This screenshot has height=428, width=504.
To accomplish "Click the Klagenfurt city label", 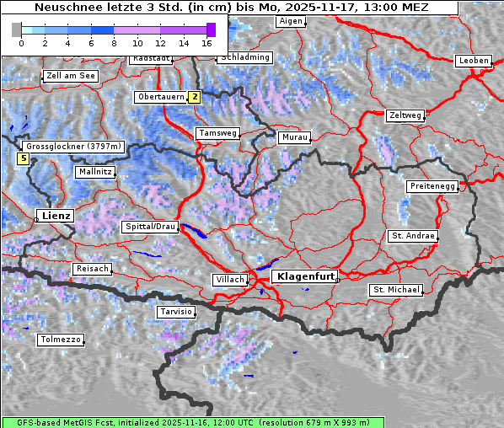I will click(x=306, y=276).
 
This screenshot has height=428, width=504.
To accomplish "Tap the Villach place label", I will click(x=229, y=279).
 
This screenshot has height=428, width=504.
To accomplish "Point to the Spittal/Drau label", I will click(x=151, y=227).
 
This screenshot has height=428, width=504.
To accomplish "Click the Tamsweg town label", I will click(x=218, y=133).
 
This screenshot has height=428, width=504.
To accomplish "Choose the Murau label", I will click(x=295, y=136).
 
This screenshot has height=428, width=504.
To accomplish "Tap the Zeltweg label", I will click(x=405, y=115).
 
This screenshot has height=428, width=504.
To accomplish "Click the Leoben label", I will click(x=473, y=61).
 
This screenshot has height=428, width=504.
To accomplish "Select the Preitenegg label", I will click(x=432, y=186).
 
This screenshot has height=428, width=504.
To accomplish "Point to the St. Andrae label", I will click(x=413, y=236).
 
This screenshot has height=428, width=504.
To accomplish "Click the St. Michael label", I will click(x=396, y=290).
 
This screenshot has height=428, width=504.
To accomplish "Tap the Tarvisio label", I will click(x=175, y=312).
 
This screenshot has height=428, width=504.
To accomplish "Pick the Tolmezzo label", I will click(x=61, y=340).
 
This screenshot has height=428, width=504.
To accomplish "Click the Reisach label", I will click(x=93, y=269).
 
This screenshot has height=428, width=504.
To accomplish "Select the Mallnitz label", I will click(x=95, y=172).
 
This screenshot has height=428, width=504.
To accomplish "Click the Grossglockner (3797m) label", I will click(x=73, y=146).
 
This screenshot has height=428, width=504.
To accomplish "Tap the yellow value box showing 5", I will click(x=24, y=158).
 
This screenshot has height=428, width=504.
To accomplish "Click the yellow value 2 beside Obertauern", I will click(x=195, y=97).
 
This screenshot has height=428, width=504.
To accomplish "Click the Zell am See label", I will click(x=72, y=76).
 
